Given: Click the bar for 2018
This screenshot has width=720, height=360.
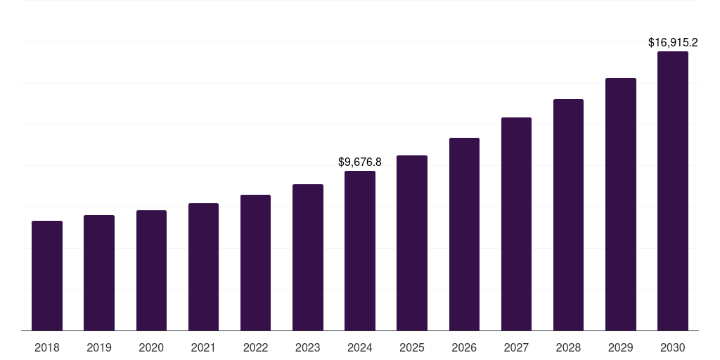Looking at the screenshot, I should click(47, 276).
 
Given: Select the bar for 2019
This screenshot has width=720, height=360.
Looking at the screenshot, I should click(99, 273).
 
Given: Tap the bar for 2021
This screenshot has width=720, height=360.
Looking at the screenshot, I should click(203, 267).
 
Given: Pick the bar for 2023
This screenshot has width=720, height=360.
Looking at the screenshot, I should click(308, 257).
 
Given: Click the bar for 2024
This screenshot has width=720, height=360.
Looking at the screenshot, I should click(360, 251).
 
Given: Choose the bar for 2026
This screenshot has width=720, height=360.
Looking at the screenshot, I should click(464, 234).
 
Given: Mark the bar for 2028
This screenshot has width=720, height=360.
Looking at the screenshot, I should click(568, 215).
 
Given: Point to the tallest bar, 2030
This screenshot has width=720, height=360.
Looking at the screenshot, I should click(673, 191).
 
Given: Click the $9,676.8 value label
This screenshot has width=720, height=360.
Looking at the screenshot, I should click(360, 162).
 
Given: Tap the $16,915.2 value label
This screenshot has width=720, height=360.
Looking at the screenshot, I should click(673, 43).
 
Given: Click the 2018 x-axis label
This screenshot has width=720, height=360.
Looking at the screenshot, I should click(47, 347).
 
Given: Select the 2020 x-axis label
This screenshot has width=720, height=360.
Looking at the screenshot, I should click(151, 347).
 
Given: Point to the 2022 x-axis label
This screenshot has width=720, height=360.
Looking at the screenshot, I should click(255, 347).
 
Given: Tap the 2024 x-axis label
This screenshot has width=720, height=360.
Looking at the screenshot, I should click(360, 347).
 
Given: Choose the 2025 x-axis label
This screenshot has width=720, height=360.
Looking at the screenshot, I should click(412, 347).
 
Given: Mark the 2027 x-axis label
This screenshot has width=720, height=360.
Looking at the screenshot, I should click(516, 347).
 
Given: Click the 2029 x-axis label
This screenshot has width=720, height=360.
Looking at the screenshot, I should click(621, 347).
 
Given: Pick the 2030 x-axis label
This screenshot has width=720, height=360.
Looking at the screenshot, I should click(673, 347).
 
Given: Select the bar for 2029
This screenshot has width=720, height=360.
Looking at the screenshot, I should click(621, 205).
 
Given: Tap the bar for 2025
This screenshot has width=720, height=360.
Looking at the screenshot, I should click(412, 243).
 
